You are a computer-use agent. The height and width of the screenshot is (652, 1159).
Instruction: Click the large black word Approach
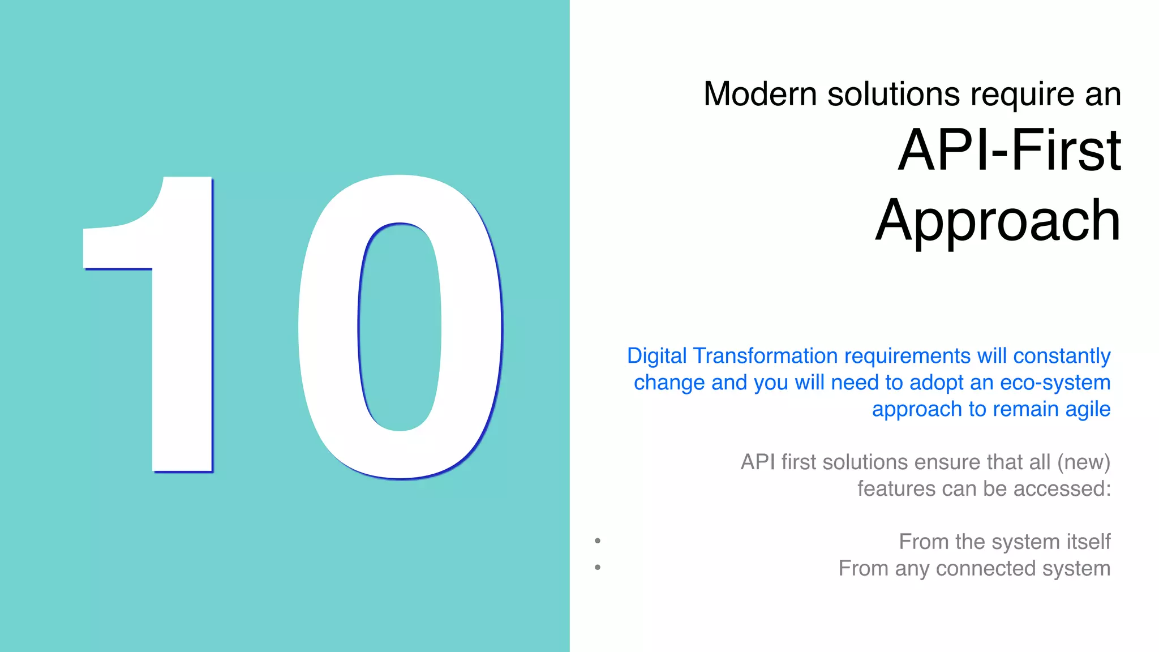[x=998, y=221]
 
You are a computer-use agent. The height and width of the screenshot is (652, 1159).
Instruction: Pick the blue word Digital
[x=656, y=356]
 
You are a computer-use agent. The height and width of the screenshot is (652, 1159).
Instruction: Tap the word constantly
[x=1062, y=356]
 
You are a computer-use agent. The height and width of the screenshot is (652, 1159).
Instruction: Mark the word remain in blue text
[x=1025, y=409]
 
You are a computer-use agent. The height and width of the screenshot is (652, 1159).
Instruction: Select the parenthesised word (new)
[x=1084, y=462]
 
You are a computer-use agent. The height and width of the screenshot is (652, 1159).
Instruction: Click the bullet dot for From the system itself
[x=598, y=541]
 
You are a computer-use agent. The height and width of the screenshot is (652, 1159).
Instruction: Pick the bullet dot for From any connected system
[x=598, y=567]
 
